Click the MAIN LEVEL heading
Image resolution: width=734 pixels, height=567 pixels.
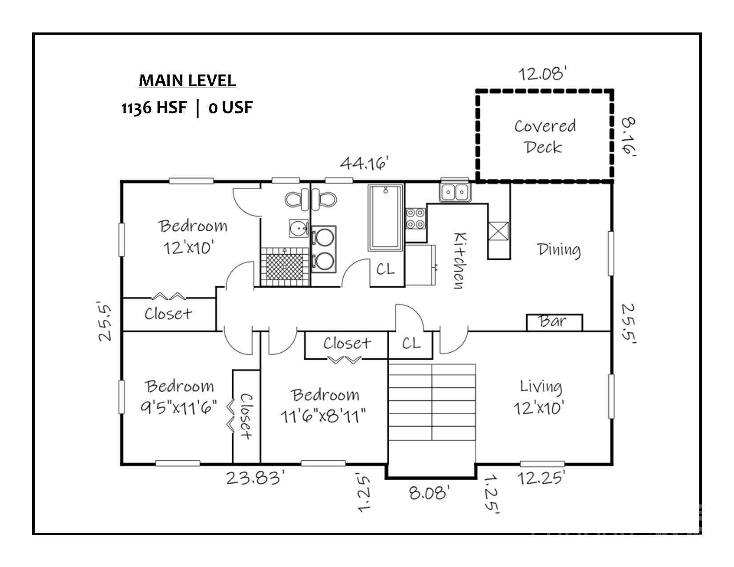187,80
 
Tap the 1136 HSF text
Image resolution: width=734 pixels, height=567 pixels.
154,108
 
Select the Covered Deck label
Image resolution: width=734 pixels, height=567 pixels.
545,137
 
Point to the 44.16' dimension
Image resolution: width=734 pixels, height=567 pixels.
364,163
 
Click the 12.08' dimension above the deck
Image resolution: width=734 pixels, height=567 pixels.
542,74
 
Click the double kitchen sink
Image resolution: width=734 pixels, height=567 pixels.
455,192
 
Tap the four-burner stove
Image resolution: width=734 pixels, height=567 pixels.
415,218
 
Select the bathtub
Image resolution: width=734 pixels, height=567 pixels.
385,218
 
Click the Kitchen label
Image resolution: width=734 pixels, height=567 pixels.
460,260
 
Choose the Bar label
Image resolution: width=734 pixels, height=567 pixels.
552,321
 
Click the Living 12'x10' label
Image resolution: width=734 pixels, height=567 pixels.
539,398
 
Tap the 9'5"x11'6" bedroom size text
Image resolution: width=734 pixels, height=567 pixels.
179,407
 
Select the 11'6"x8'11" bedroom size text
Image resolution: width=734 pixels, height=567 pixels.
323,416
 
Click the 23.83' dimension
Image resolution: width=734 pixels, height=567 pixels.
255,478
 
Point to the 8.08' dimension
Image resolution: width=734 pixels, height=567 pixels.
429,493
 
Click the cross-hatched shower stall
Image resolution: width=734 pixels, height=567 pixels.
285,267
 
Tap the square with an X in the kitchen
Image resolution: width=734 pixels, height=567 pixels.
498,231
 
